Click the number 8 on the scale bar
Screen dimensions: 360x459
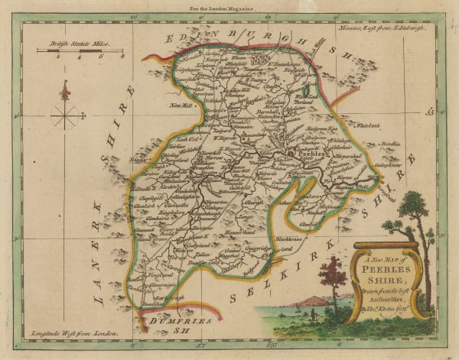[x=121, y=57]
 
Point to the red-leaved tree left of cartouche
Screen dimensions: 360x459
[x=334, y=275]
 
